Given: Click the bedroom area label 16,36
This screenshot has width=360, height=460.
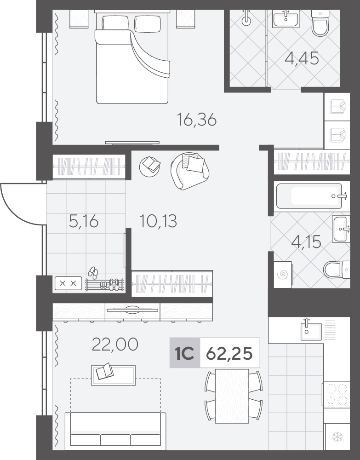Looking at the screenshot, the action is coord(197,120).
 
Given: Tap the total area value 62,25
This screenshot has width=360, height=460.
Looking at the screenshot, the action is coord(229,353).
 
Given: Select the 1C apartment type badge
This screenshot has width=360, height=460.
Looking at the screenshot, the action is coord(185,353).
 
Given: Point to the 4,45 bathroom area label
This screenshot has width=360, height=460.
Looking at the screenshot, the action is coord(302,58).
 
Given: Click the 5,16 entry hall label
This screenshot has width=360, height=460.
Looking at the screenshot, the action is coord(84,221).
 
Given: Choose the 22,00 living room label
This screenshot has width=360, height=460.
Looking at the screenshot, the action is coord(115,345).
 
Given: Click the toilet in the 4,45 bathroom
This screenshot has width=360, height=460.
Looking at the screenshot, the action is coord(320,23).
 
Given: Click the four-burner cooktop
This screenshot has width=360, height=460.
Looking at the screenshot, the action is coord(337,394).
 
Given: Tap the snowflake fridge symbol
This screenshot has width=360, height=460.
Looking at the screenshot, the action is coord(337,437).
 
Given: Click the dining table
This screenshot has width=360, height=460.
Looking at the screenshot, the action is coord(232,396).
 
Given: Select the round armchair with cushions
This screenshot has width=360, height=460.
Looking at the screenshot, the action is coord(190,171).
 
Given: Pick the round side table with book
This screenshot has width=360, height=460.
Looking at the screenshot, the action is coord(149,166).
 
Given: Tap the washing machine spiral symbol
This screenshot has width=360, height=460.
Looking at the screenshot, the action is coord(283,275).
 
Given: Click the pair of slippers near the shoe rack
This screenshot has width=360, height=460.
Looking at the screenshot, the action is coord(93,272).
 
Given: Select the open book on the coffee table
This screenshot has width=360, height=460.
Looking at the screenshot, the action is coord(104,371).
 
